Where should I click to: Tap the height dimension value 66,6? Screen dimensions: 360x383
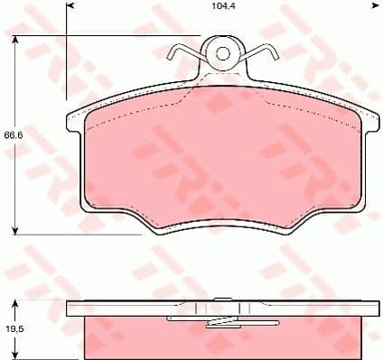pyautogui.click(x=11, y=135)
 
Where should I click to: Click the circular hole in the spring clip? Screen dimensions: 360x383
pyautogui.click(x=222, y=53)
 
